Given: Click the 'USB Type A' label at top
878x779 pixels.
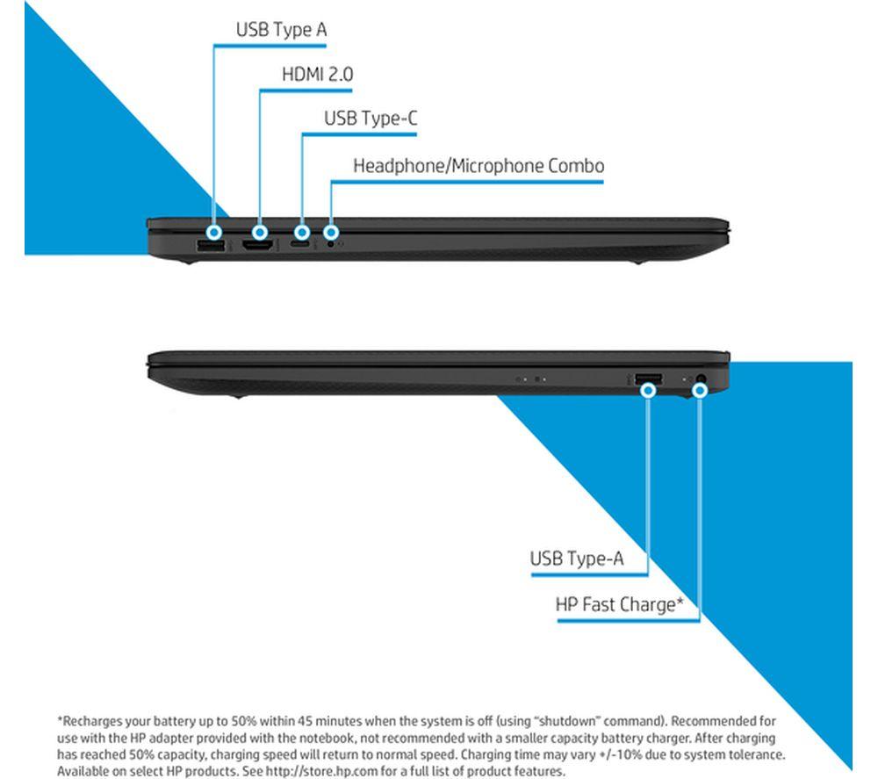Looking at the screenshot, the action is [281, 30].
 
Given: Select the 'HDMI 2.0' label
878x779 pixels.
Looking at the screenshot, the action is [318, 74].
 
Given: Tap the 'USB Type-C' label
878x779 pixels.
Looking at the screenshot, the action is [371, 119].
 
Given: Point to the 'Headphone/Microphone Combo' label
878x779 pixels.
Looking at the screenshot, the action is [479, 166].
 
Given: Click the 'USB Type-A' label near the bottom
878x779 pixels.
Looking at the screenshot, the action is [577, 559].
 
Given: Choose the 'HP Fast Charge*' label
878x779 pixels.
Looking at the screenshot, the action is [620, 605].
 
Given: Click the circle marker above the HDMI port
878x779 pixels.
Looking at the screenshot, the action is [259, 232].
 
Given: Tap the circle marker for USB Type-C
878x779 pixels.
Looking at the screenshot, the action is [302, 232].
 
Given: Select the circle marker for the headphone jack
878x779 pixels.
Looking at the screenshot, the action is [331, 232].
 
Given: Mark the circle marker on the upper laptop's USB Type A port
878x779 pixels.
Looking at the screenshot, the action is [213, 232].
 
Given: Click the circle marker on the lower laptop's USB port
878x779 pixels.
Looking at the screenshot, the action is [649, 390].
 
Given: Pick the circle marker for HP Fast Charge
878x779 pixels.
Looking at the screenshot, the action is [700, 390].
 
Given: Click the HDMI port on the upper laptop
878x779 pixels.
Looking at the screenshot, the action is [257, 245].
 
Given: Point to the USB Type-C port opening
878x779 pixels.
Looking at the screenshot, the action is [300, 245].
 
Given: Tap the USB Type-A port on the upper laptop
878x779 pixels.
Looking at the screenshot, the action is [211, 245].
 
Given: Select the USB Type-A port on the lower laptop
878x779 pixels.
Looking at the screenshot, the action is [649, 379].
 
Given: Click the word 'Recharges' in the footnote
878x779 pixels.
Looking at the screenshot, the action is [91, 721].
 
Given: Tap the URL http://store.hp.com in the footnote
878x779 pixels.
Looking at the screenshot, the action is [321, 771].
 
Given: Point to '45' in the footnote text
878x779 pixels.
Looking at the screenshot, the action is [306, 721].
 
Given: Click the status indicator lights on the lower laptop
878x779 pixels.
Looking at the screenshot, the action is [530, 379].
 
